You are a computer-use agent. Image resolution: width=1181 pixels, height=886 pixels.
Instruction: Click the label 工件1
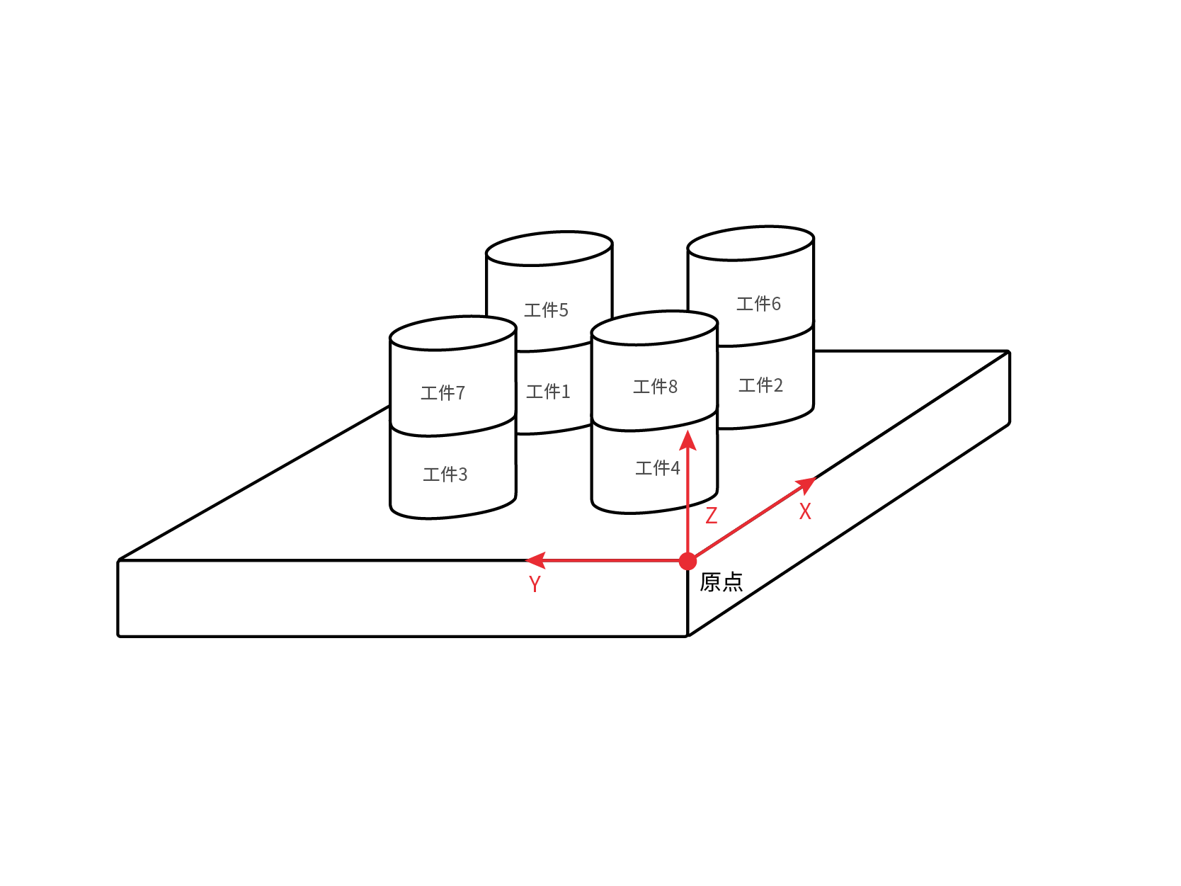548,391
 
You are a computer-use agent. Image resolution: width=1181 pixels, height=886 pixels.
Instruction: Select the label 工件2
760,385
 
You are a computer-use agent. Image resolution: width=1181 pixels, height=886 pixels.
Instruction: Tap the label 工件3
445,474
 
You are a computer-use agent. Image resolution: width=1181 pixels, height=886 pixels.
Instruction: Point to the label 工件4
658,467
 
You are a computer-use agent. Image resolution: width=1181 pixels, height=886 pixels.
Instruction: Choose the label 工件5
546,310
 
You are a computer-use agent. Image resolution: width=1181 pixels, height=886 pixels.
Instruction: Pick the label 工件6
758,303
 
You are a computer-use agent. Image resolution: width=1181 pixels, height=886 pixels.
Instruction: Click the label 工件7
443,392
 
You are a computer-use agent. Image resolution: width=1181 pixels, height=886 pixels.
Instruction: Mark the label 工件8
656,386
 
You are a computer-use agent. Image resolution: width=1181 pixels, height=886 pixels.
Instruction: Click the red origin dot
688,561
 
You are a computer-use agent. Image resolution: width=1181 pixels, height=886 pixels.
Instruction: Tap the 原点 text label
721,582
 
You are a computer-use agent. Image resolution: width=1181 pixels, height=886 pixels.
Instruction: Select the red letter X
805,511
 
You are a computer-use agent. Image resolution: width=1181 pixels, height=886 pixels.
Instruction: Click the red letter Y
535,584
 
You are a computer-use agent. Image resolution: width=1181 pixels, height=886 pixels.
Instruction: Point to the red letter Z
712,516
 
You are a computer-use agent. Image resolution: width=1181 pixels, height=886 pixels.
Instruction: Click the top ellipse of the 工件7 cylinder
453,317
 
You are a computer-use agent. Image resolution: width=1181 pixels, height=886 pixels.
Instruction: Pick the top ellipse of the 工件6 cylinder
751,227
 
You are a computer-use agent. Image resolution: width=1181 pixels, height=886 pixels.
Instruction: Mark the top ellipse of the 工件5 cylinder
549,232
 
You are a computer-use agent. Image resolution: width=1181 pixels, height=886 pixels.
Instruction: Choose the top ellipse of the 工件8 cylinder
654,311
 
